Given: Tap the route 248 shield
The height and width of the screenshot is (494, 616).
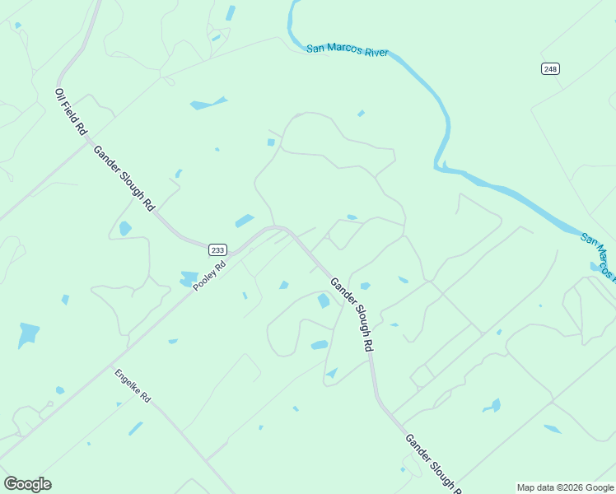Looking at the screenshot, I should tap(550, 69).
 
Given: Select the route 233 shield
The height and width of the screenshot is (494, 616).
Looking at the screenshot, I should tap(217, 250).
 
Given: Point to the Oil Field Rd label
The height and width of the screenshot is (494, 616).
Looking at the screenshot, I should tap(70, 112).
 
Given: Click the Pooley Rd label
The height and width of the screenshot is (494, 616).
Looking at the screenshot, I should tap(209, 277).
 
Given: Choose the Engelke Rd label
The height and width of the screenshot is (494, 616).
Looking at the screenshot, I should tap(133, 385).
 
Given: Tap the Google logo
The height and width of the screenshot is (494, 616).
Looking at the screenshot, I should tap(27, 484).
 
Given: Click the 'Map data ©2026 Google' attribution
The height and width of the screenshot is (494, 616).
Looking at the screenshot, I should tap(565, 487).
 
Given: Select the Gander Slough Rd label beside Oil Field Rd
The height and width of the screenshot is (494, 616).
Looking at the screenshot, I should tap(124, 179).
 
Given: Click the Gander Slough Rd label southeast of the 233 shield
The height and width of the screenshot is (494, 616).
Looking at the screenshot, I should tap(351, 315).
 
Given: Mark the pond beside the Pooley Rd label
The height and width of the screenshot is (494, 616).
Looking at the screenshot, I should tap(189, 279).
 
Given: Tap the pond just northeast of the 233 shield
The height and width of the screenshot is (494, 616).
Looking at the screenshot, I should tap(245, 221).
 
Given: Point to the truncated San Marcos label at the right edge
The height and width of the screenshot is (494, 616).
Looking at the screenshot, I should tap(599, 255).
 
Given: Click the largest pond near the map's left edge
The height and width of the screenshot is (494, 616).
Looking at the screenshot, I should tap(29, 333).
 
